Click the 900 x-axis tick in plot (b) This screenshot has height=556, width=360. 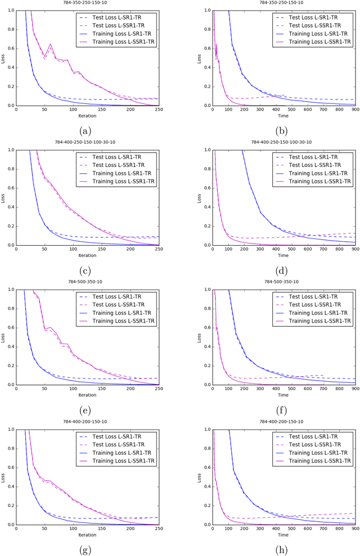pyautogui.click(x=355, y=110)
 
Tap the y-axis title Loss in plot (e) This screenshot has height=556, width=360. pyautogui.click(x=3, y=337)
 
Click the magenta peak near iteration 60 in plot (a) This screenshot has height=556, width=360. pyautogui.click(x=51, y=44)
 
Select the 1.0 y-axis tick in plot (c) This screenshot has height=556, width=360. pyautogui.click(x=11, y=151)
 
